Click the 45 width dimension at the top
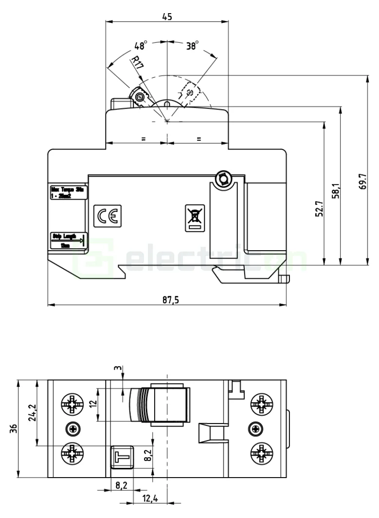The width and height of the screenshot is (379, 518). pos(167,16)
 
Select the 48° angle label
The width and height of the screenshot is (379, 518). pos(141,46)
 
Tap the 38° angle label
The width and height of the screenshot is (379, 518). pos(193,46)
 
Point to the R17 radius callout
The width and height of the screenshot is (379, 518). pos(137,64)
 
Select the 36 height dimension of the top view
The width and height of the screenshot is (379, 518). pos(14,428)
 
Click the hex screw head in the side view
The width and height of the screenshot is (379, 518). pos(223,179)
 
